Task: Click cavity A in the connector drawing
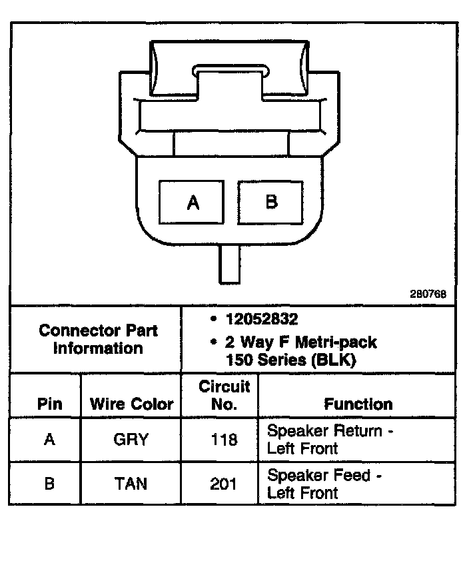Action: (x=193, y=202)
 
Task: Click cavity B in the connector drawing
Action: (x=271, y=201)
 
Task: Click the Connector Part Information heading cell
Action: (x=98, y=339)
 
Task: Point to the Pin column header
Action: (x=49, y=404)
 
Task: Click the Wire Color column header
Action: (x=131, y=404)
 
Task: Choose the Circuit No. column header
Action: (x=224, y=395)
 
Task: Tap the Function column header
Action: (x=358, y=404)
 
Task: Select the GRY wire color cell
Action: (x=131, y=440)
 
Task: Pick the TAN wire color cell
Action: (x=131, y=484)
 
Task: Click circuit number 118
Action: (x=224, y=440)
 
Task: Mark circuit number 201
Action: (x=224, y=484)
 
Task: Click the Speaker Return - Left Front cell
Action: (x=330, y=440)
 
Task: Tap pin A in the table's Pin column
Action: (x=49, y=440)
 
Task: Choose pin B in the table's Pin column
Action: (x=49, y=484)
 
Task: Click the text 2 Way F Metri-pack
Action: (x=300, y=342)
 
